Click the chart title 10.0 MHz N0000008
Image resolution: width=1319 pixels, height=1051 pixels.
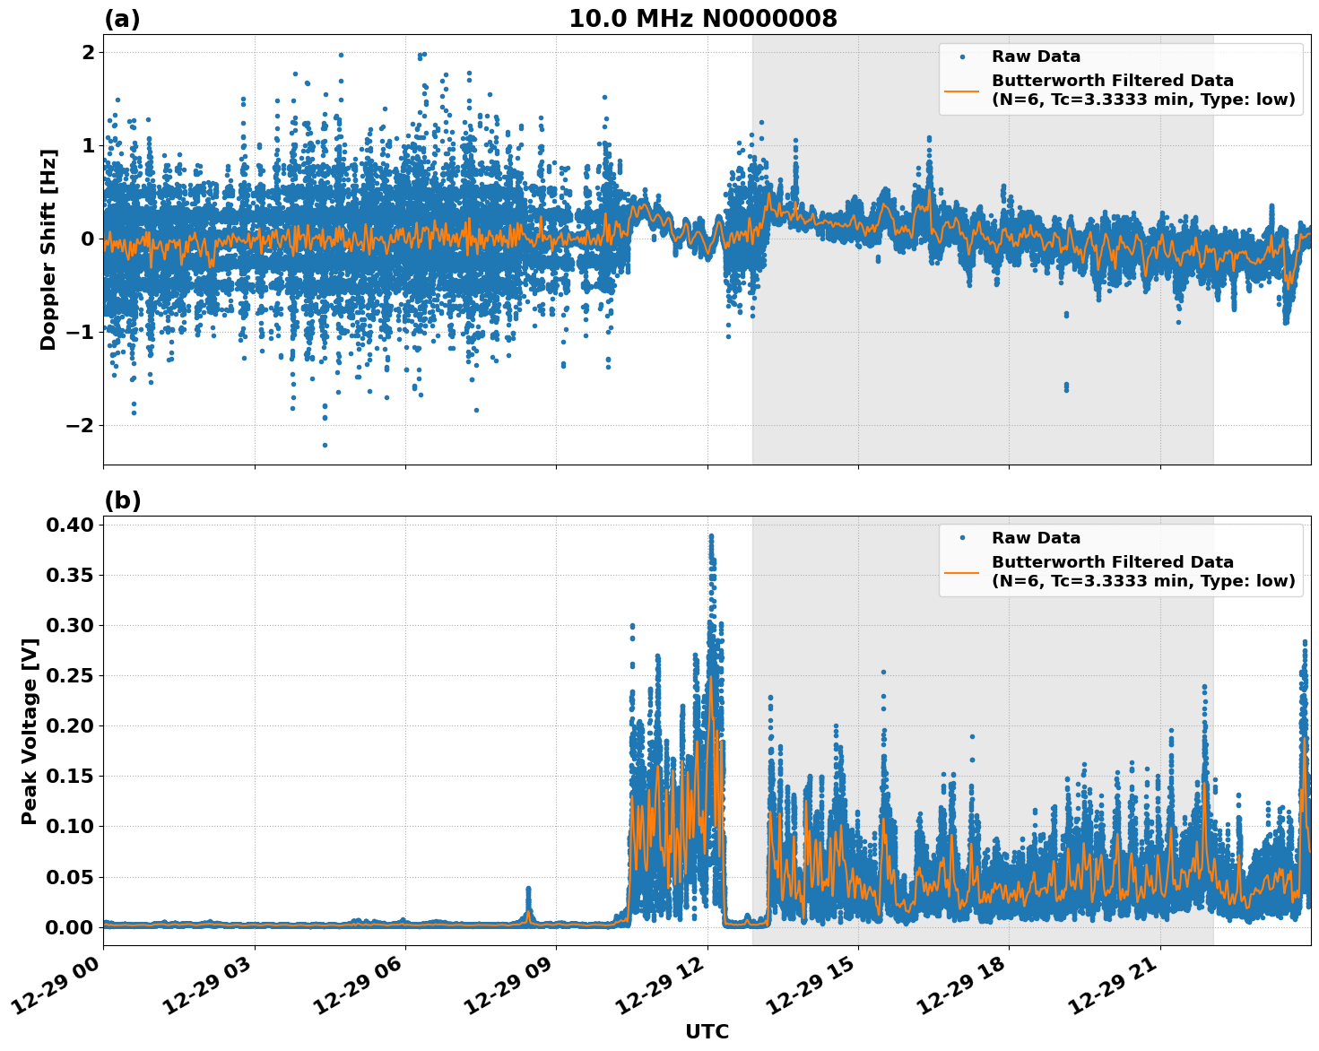[x=702, y=19]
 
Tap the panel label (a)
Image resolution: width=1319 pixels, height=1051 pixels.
[x=122, y=19]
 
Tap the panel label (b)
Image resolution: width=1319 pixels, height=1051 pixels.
[x=122, y=500]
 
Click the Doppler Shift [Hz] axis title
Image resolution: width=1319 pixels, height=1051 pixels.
[x=48, y=249]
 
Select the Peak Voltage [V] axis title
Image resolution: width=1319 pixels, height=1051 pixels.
[x=30, y=731]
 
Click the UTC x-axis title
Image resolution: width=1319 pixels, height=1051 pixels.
[x=707, y=1031]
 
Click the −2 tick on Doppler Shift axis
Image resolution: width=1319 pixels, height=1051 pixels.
[x=80, y=425]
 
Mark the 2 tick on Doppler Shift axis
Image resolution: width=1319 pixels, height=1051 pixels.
[x=88, y=52]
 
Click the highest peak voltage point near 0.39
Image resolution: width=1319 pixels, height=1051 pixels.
[x=711, y=536]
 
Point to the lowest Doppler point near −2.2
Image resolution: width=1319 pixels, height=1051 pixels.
[x=325, y=445]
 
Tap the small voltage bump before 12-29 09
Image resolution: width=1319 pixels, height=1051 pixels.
[x=528, y=890]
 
